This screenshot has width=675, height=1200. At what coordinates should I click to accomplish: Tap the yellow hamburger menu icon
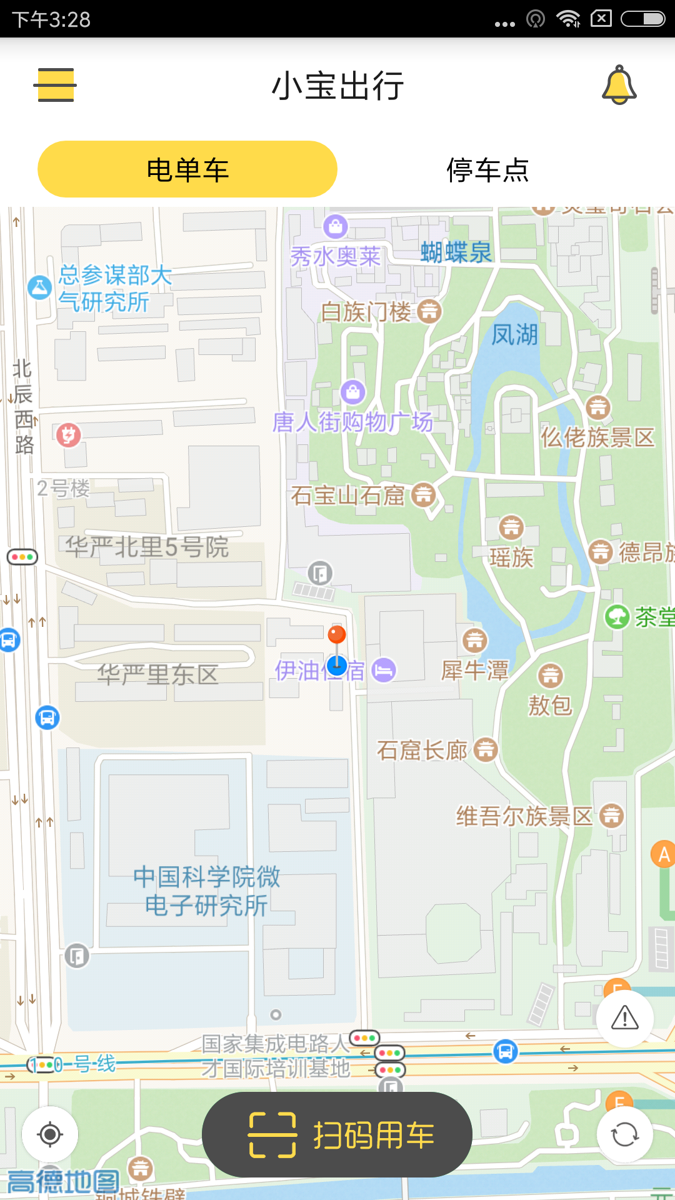[x=55, y=85]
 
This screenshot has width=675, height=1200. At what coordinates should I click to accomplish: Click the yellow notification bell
[x=619, y=85]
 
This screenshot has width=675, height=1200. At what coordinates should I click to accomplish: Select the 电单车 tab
[x=187, y=169]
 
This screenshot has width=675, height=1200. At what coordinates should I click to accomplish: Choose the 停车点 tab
[x=487, y=169]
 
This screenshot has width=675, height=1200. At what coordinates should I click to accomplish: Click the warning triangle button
[x=624, y=1018]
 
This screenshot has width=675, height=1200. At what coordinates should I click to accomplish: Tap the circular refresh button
[x=624, y=1134]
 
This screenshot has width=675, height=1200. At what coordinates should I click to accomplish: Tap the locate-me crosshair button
[x=50, y=1134]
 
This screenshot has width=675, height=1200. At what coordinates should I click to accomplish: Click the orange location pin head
[x=337, y=634]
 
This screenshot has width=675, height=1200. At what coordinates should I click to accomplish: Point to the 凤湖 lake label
[x=514, y=335]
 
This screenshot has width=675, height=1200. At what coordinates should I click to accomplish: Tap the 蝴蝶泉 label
[x=456, y=252]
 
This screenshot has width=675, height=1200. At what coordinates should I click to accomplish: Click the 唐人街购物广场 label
[x=352, y=422]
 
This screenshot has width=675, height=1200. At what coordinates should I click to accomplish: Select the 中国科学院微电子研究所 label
[x=206, y=891]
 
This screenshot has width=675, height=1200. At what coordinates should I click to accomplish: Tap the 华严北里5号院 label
[x=147, y=547]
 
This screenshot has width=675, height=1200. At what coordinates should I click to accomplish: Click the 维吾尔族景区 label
[x=524, y=816]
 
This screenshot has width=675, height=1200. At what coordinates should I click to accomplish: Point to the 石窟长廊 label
[x=422, y=750]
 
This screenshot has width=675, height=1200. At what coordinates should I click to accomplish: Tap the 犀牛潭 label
[x=475, y=671]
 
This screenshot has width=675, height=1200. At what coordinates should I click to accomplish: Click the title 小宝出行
[x=337, y=86]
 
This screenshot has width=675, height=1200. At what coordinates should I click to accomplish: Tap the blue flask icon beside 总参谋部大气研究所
[x=39, y=287]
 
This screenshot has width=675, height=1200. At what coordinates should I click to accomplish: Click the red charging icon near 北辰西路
[x=68, y=434]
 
